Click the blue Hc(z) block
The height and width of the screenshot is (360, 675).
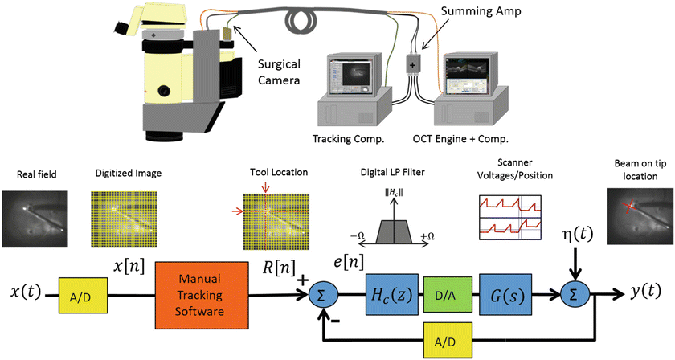tap(389, 296)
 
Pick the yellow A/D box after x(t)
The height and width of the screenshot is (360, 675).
tap(78, 296)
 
